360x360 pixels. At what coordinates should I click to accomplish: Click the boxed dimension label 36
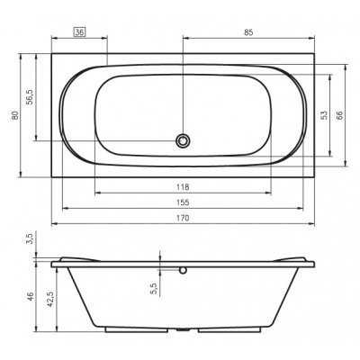pos(79,32)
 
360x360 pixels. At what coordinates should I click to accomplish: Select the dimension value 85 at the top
pos(248,32)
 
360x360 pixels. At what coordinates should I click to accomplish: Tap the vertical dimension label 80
pos(15,115)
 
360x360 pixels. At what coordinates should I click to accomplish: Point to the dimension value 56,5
pos(31,97)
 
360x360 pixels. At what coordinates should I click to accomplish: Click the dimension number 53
pos(324,115)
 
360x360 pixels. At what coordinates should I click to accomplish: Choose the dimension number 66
pos(339,115)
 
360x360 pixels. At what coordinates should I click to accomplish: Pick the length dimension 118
pos(183,187)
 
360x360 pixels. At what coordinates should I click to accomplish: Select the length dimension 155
pos(183,202)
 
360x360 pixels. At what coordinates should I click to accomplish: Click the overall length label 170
pos(183,218)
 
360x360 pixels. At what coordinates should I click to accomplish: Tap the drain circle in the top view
pos(183,140)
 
